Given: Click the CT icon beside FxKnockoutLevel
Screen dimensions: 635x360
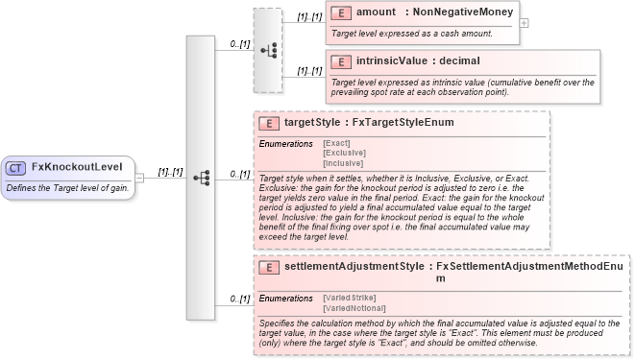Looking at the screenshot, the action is point(15,167).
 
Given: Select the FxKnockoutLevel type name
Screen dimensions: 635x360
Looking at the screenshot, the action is point(76,167).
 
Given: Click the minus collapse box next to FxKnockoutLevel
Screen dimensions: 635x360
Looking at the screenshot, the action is point(139,178).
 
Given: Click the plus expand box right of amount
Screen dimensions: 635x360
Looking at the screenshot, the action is point(524,22).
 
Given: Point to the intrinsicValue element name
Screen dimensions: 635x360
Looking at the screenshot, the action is point(391,61).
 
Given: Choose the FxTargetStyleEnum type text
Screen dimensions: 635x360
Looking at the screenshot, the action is point(403,124).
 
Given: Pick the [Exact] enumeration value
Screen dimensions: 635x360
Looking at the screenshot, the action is point(337,143).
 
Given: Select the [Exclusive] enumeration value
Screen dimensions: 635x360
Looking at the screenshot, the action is point(344,153).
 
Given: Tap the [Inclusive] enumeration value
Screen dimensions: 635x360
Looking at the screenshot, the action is point(344,162).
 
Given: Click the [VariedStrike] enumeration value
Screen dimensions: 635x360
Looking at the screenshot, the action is point(349,298).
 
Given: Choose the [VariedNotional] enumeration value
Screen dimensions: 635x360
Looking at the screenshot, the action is point(354,307).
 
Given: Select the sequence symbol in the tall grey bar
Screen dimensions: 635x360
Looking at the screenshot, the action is point(201,179).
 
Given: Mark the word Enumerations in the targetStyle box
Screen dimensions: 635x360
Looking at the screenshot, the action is point(286,143).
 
